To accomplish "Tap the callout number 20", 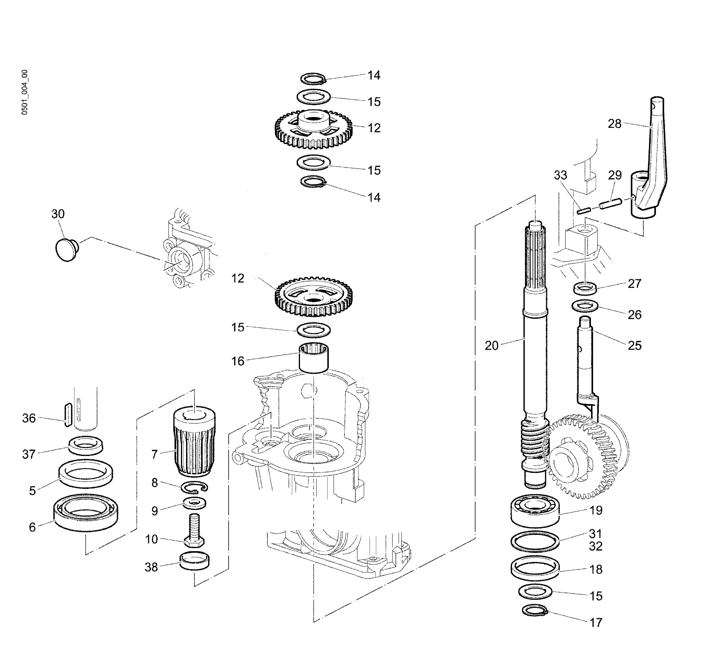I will coord(491,346).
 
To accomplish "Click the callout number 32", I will coord(596,546).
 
